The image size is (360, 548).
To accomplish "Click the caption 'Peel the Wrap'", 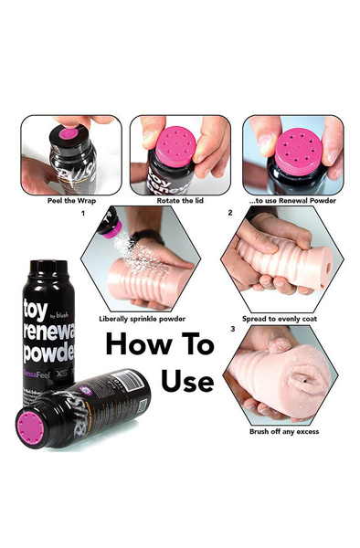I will click(x=69, y=200).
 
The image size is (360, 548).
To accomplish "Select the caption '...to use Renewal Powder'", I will click(x=291, y=200).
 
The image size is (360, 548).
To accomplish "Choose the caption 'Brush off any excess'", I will click(x=284, y=431).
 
